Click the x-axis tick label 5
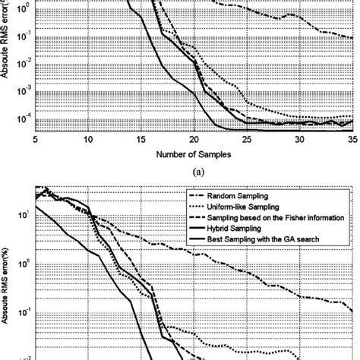pyautogui.click(x=36, y=141)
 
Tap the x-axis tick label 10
pyautogui.click(x=88, y=141)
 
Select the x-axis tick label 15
pyautogui.click(x=141, y=141)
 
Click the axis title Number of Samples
pyautogui.click(x=194, y=154)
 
